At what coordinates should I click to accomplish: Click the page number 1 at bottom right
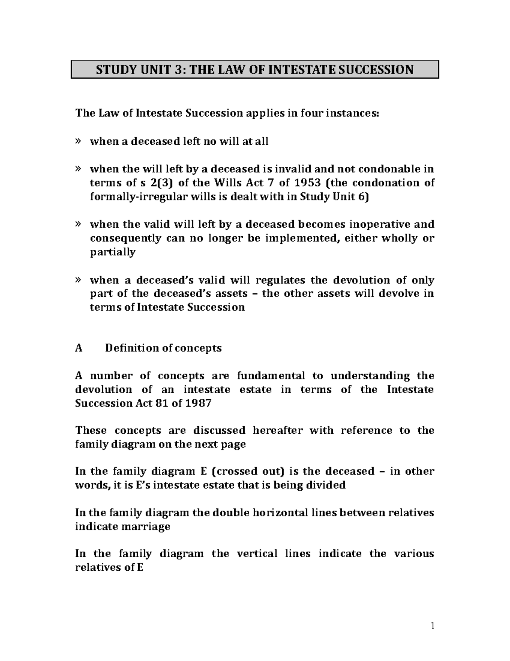pos(432,625)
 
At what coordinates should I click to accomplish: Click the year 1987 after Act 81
pos(198,403)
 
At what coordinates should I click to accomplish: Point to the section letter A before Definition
pos(79,348)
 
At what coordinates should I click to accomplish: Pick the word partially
pos(113,252)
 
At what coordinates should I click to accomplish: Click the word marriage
pos(147,527)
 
